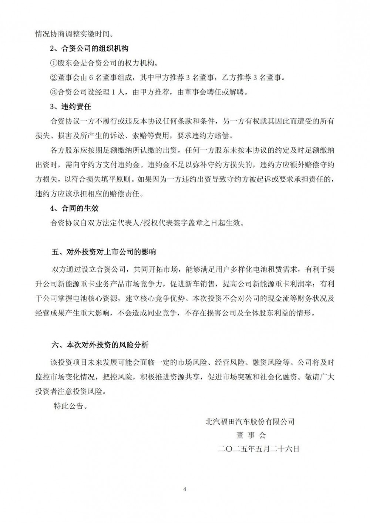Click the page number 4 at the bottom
click(185, 490)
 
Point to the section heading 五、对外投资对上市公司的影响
click(104, 252)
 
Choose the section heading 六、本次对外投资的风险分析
click(100, 345)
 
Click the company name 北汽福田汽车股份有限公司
click(250, 421)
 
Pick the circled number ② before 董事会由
click(54, 78)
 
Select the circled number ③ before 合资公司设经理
click(54, 92)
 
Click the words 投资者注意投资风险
click(70, 391)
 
